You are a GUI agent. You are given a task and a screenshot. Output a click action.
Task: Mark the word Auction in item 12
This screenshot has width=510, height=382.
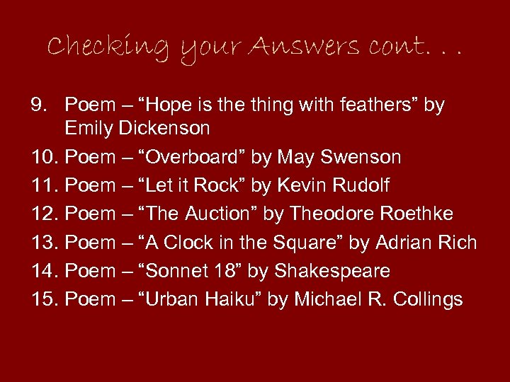(x=220, y=214)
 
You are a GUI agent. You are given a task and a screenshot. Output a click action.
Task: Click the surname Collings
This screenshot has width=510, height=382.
(x=429, y=299)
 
